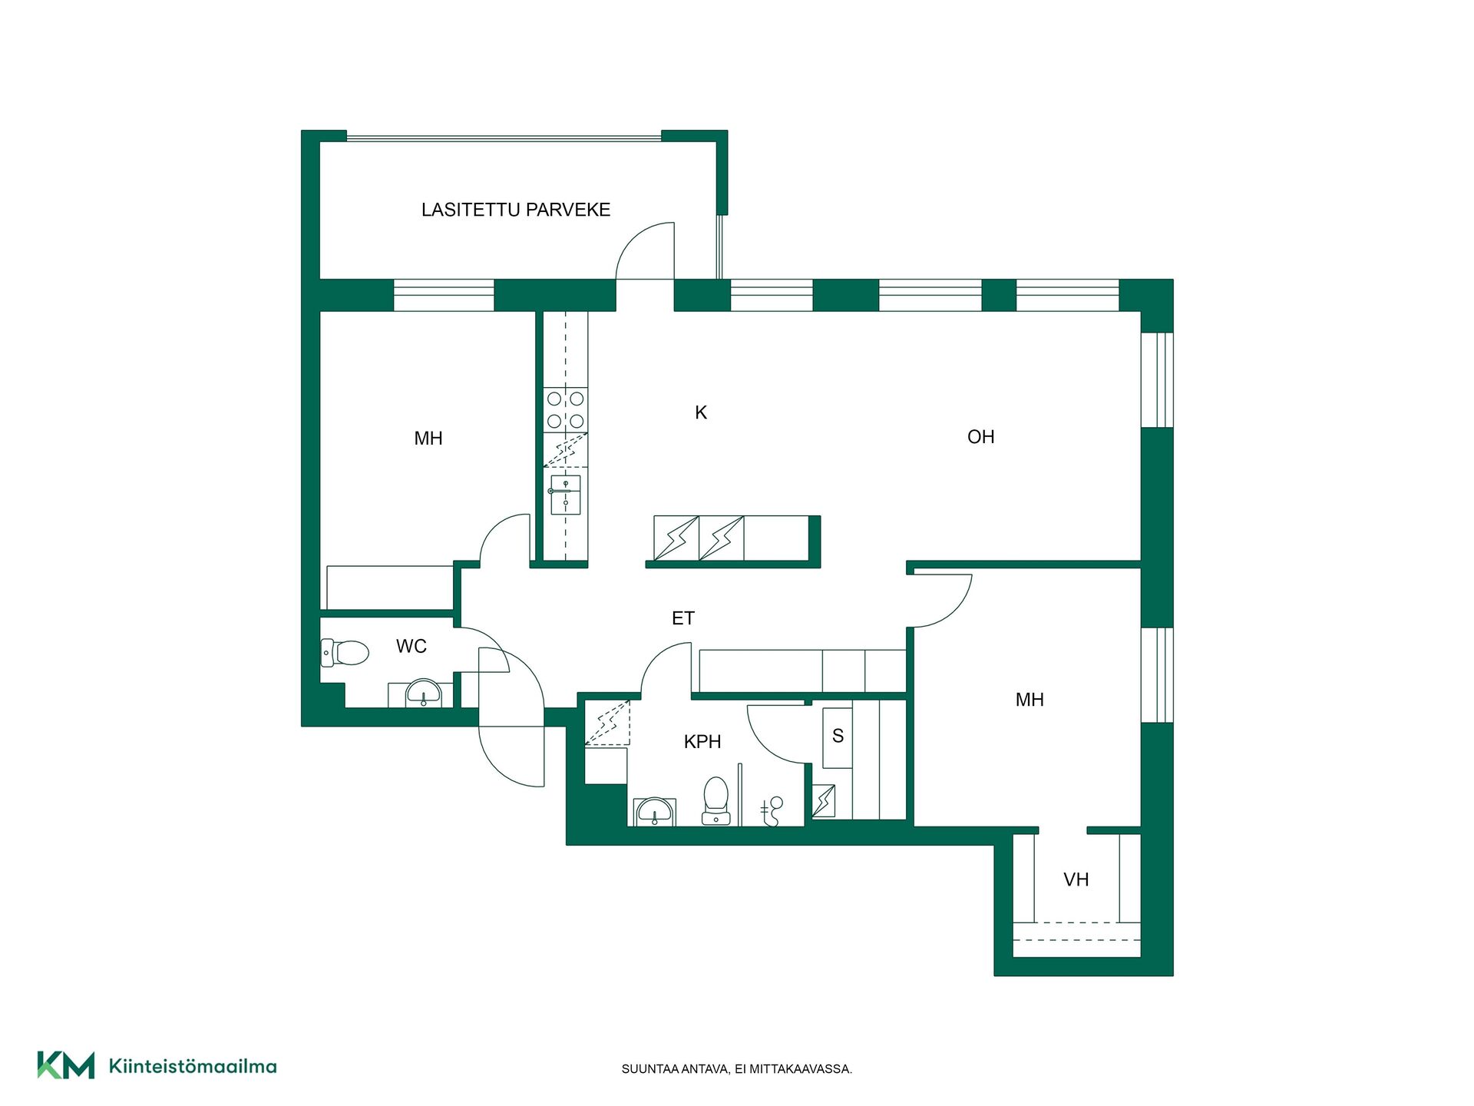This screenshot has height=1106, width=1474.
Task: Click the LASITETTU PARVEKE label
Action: (x=516, y=210)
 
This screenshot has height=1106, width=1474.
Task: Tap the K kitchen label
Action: (x=701, y=412)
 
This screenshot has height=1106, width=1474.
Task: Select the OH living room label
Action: (x=981, y=437)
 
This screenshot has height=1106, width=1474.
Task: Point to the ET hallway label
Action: (x=683, y=618)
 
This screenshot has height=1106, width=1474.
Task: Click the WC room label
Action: (x=411, y=647)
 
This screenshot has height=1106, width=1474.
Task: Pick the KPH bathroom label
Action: (x=702, y=742)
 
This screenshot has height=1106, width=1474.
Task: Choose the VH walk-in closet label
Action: (x=1076, y=880)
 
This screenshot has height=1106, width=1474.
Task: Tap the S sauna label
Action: (x=838, y=736)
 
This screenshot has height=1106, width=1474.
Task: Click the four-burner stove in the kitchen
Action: (x=566, y=410)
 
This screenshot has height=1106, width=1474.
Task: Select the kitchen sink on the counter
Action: (x=565, y=495)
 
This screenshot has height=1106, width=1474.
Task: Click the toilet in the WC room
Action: (x=345, y=653)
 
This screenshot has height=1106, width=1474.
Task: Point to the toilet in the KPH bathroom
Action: (x=716, y=801)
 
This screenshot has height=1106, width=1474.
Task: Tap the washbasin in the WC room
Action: (x=424, y=693)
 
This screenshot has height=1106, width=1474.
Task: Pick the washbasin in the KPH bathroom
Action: (x=654, y=812)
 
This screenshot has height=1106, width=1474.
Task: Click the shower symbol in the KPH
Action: (x=772, y=811)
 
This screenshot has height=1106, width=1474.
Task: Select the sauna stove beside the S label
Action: (x=824, y=801)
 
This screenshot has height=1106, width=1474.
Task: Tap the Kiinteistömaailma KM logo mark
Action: (x=66, y=1065)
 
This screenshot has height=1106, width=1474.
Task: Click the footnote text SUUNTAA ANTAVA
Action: (x=676, y=1069)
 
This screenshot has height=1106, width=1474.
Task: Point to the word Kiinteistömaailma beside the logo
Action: (x=193, y=1066)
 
